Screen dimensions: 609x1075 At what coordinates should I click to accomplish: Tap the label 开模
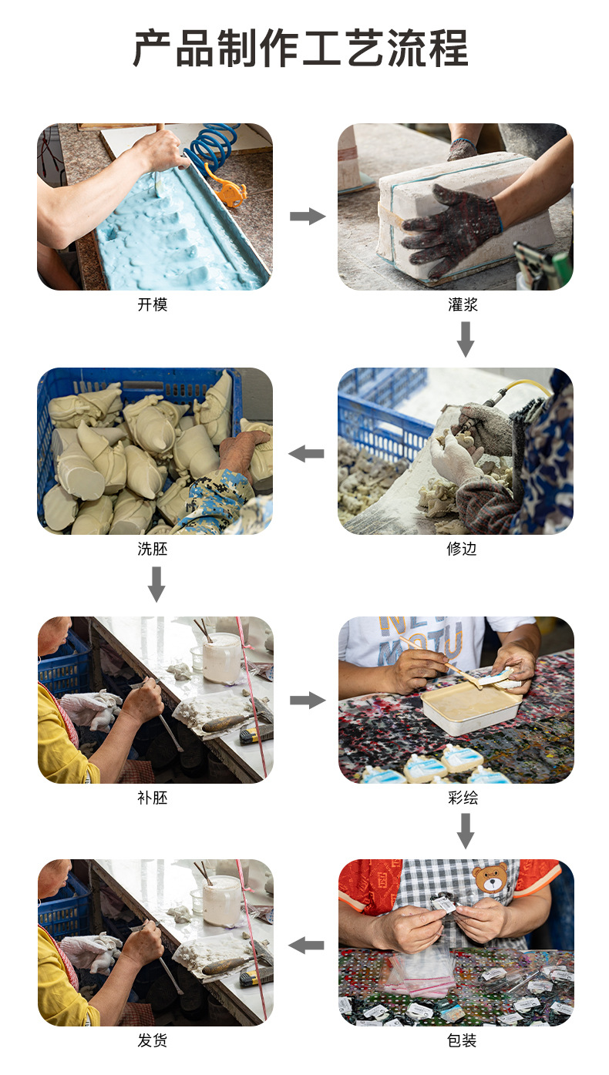coord(153,304)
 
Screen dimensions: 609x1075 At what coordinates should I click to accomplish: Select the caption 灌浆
coord(463,304)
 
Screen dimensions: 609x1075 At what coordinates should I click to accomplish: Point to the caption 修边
coord(463,549)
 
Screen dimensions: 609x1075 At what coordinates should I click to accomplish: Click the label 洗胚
coord(153,549)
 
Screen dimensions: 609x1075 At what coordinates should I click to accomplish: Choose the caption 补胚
coord(153,798)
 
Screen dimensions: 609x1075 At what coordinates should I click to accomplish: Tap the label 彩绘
coord(463,798)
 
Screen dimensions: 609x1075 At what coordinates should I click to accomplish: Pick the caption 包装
coord(463,1040)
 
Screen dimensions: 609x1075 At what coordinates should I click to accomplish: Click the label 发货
coord(153,1040)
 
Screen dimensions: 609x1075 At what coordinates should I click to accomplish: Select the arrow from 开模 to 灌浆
coord(307,217)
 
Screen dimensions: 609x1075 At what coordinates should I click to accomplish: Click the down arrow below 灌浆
coord(465,339)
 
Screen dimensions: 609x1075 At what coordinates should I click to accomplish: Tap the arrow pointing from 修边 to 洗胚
coord(307,454)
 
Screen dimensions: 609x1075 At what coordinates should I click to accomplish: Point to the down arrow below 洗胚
coord(156,584)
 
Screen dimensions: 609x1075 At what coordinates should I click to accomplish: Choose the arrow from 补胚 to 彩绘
coord(307,700)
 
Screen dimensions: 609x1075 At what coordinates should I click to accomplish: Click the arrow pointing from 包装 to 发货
coord(307,945)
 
